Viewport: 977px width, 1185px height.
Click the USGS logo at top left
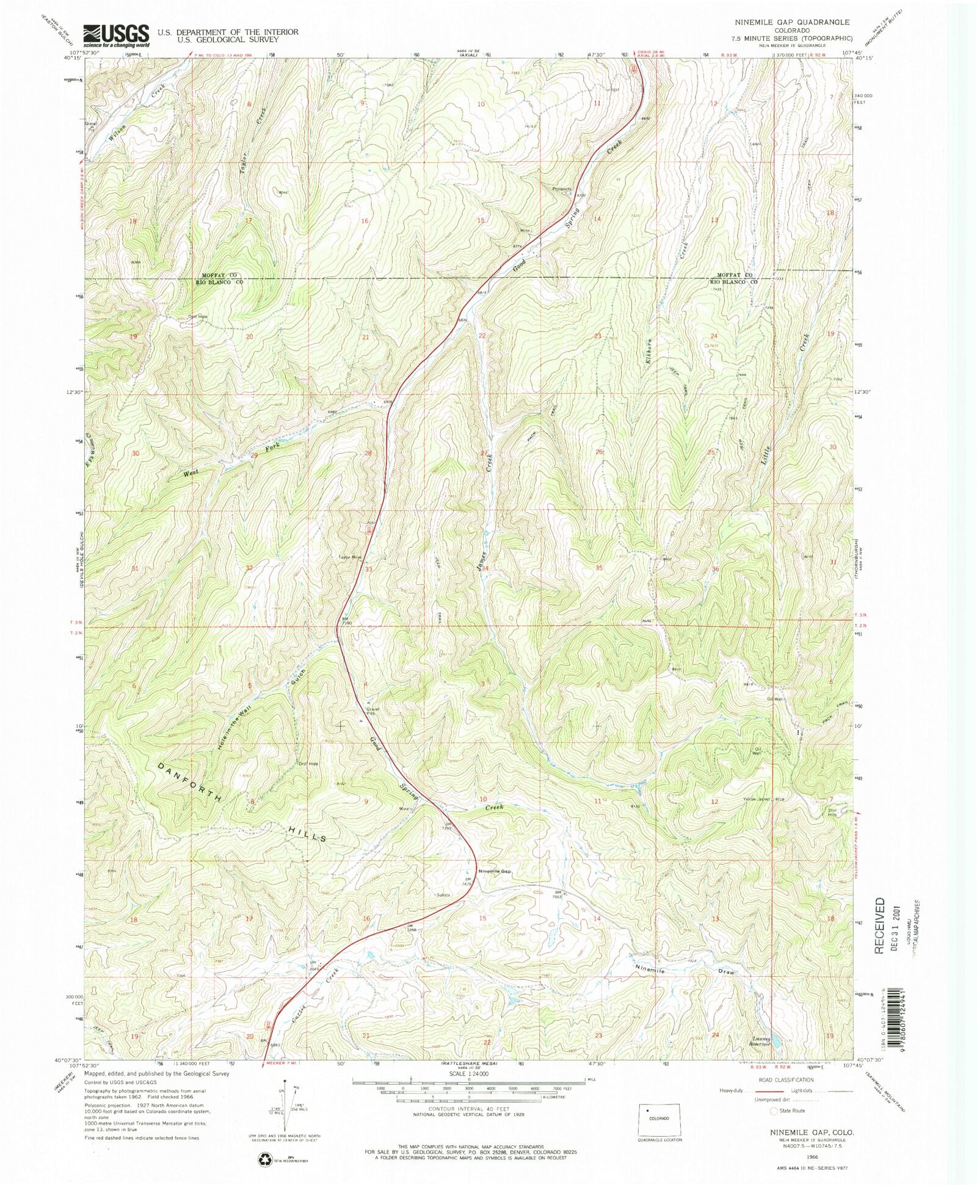pos(116,36)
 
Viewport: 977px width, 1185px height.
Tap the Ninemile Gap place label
pos(494,871)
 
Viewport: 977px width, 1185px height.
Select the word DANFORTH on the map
pos(189,783)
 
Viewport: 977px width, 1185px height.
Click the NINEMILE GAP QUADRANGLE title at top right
pos(793,22)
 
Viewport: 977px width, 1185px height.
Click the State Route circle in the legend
pos(775,1111)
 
